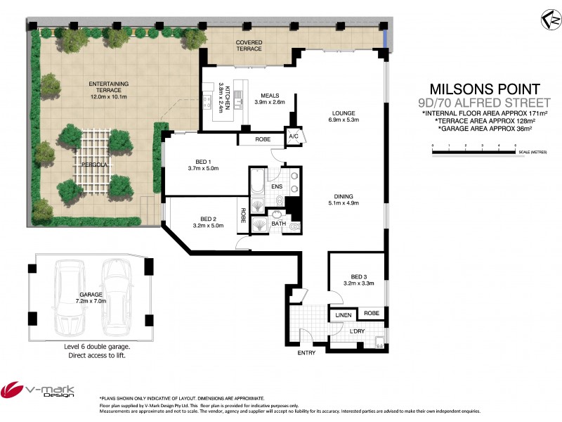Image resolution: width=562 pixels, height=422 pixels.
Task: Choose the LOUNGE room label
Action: pos(344,113)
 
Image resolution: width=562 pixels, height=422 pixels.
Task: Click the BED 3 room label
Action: pos(357,278)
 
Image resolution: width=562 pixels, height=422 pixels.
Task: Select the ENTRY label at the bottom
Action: pos(306,352)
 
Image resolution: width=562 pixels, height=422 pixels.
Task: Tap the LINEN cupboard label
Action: pos(343,315)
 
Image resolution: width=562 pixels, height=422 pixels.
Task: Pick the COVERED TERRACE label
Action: pos(249,44)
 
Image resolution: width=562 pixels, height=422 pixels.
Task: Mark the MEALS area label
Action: pos(270,96)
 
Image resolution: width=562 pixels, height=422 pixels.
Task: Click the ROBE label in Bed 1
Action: pos(263,140)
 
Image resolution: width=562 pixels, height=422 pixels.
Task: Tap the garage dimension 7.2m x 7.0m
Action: pos(91,300)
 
